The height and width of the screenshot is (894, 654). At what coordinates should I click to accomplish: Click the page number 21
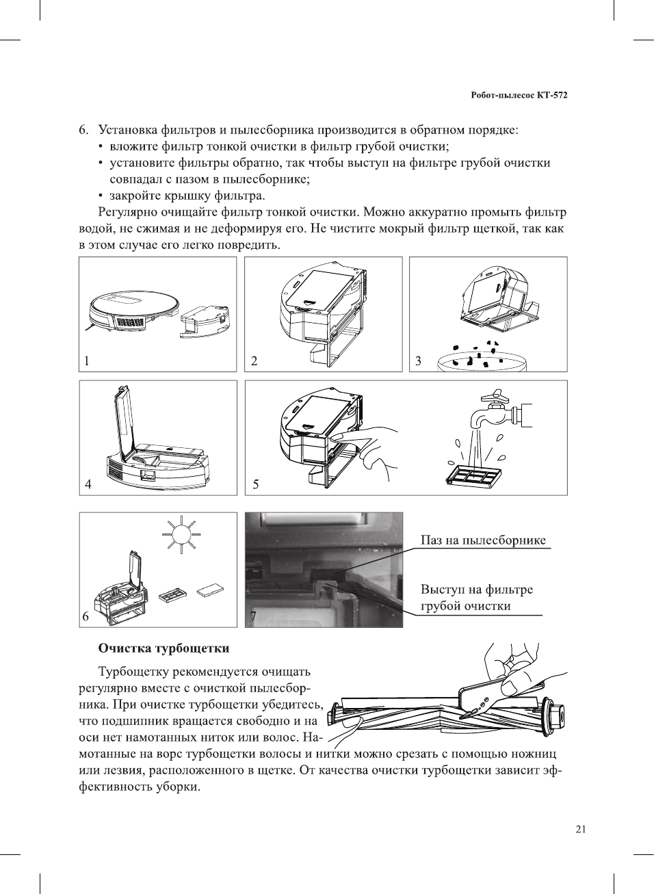point(580,830)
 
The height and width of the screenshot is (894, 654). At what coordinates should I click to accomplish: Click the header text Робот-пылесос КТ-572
point(519,95)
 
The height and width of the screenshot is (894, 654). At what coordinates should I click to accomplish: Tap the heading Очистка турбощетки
point(163,648)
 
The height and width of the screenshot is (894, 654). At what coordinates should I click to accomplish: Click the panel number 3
point(418,361)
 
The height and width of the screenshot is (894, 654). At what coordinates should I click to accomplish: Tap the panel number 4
point(88,484)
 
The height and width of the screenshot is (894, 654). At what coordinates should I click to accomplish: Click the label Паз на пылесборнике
point(483,540)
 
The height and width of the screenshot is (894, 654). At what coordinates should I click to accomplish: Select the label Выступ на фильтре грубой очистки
point(476,598)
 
